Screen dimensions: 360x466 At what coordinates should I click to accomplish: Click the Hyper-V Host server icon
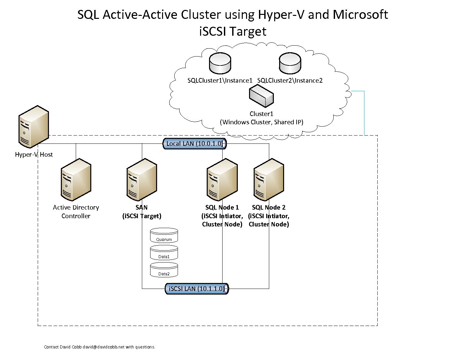[34, 127]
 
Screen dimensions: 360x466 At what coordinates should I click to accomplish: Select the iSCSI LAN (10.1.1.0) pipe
[196, 289]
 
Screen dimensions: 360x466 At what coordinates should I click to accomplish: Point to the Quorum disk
[164, 236]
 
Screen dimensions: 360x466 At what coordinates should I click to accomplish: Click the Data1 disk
[164, 253]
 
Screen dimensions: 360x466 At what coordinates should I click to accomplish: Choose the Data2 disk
[164, 270]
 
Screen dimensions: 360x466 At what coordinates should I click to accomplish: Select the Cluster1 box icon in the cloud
[261, 96]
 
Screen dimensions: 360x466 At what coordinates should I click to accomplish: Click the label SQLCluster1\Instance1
[220, 81]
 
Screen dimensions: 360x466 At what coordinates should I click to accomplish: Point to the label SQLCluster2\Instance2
[290, 81]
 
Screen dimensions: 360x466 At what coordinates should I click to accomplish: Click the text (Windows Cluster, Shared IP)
[261, 122]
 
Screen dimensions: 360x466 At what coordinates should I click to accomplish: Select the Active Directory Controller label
[76, 212]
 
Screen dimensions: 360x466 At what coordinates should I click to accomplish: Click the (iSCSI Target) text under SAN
[142, 216]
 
